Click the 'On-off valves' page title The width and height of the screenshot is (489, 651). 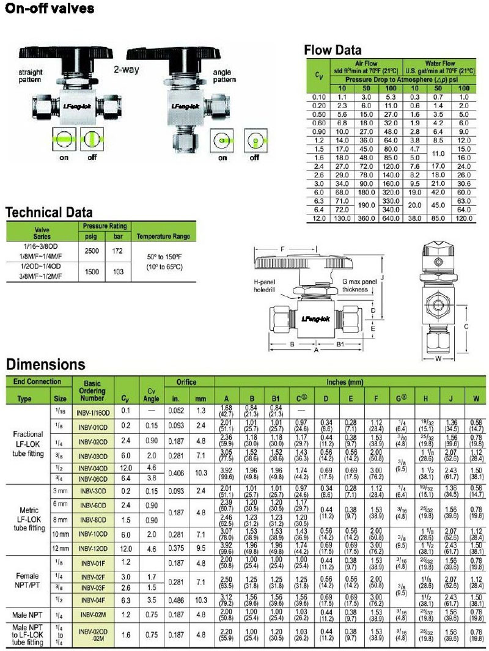click(50, 9)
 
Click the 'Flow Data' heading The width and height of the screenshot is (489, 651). click(333, 50)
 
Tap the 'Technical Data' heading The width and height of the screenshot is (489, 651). click(49, 213)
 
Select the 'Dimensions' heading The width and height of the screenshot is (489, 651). click(45, 365)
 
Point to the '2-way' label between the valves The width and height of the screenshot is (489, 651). click(126, 70)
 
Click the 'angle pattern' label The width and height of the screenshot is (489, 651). click(221, 76)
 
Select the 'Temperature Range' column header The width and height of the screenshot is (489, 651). click(163, 236)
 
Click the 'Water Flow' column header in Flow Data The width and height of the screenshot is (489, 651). click(440, 64)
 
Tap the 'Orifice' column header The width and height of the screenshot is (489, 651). click(186, 382)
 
